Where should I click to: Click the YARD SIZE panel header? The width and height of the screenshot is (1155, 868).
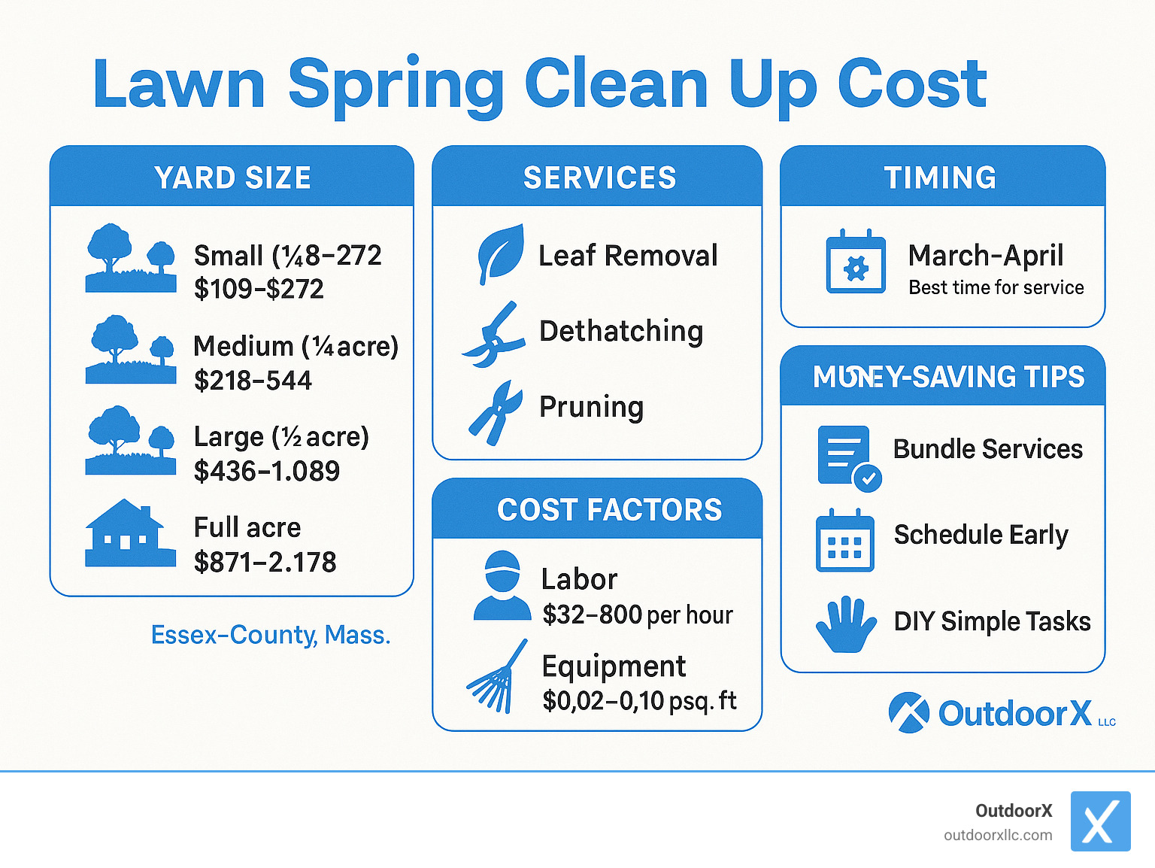pyautogui.click(x=232, y=178)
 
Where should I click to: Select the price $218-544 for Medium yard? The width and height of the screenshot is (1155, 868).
pyautogui.click(x=253, y=381)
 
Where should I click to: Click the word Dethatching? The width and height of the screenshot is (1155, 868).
pyautogui.click(x=621, y=331)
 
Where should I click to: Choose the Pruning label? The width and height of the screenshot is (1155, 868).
pyautogui.click(x=591, y=407)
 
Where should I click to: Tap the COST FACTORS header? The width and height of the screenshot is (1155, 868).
pyautogui.click(x=609, y=510)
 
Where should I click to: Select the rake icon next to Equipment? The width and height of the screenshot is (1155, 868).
pyautogui.click(x=496, y=677)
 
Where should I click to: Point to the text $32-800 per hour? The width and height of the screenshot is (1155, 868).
pyautogui.click(x=638, y=615)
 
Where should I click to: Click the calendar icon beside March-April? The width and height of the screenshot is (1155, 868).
pyautogui.click(x=856, y=261)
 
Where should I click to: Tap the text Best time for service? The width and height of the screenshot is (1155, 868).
pyautogui.click(x=996, y=287)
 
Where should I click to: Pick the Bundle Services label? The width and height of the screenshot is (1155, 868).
pyautogui.click(x=987, y=449)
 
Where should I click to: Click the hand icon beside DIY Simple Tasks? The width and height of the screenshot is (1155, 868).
pyautogui.click(x=846, y=624)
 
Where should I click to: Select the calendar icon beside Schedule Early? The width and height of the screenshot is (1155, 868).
pyautogui.click(x=845, y=541)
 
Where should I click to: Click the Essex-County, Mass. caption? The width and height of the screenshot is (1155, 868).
pyautogui.click(x=271, y=635)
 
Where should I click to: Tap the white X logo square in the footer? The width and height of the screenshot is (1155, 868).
pyautogui.click(x=1100, y=821)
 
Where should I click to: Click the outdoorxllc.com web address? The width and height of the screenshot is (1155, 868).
pyautogui.click(x=998, y=835)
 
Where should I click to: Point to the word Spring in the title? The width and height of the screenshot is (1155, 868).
pyautogui.click(x=396, y=84)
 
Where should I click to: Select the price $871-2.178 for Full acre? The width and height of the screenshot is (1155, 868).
pyautogui.click(x=265, y=562)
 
